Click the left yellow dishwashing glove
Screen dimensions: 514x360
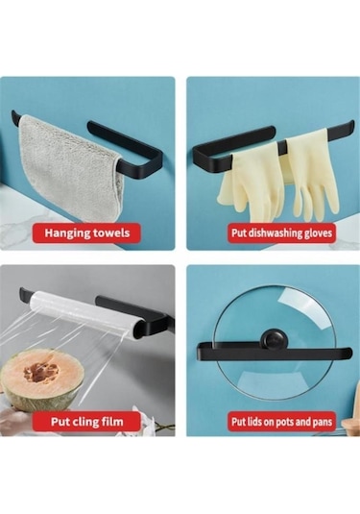(x=241, y=187)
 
